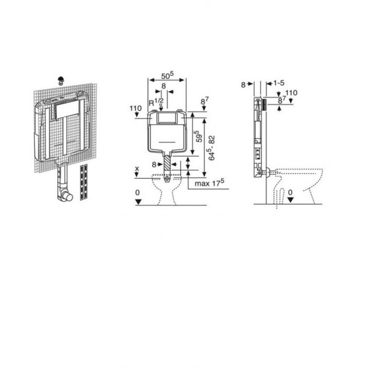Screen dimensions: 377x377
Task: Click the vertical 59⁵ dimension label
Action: point(199,136)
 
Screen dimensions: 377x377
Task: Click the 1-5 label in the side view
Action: point(279,84)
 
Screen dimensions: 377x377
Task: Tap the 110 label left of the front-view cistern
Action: point(135,108)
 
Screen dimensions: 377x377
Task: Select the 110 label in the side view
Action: point(291,93)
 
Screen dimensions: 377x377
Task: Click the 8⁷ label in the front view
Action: point(205,102)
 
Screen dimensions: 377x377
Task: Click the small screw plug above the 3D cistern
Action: point(61,80)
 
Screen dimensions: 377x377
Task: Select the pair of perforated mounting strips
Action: point(84,182)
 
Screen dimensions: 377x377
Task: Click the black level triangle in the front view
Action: point(138,201)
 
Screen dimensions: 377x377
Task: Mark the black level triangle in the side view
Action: point(290,200)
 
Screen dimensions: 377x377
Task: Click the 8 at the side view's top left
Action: point(243,84)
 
